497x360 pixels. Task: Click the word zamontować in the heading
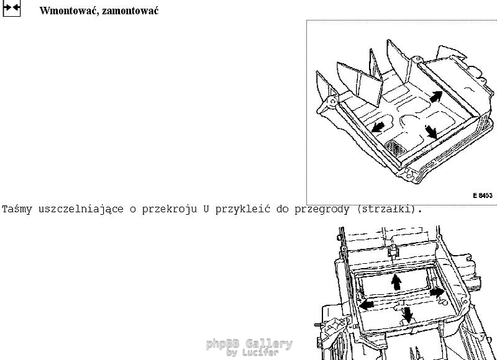(x=130, y=11)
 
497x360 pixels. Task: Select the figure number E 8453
(x=483, y=196)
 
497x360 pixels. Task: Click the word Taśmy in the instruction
(x=17, y=209)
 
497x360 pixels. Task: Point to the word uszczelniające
(x=81, y=209)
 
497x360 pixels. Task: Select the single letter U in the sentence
(x=206, y=209)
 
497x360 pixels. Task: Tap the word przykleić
(x=243, y=209)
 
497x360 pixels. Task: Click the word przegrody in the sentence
(x=322, y=209)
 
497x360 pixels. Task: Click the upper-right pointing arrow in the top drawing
(x=436, y=97)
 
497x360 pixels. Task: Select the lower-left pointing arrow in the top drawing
(x=378, y=128)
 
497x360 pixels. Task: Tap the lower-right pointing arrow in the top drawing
(x=431, y=132)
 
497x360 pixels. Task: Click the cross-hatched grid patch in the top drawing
(x=394, y=148)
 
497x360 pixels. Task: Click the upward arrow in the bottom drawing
(x=396, y=282)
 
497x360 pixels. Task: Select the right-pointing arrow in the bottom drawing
(x=437, y=292)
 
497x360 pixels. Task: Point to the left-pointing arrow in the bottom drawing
(x=367, y=305)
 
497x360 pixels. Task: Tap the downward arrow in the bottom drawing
(x=408, y=315)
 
